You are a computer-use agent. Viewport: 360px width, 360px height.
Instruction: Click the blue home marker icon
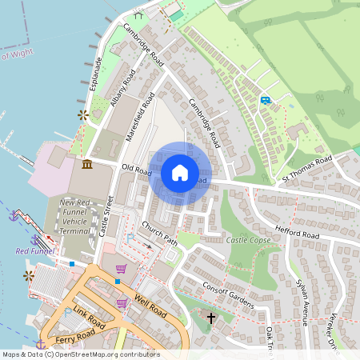pyautogui.click(x=180, y=173)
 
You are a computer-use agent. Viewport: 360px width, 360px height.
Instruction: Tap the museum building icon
pyautogui.click(x=86, y=164)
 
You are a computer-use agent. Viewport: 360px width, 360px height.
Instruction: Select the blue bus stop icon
pyautogui.click(x=265, y=100)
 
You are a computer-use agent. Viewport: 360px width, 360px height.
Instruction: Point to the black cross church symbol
pyautogui.click(x=211, y=318)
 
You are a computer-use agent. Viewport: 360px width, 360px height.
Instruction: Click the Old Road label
pyautogui.click(x=137, y=170)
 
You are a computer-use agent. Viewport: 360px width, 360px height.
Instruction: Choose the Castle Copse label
pyautogui.click(x=247, y=240)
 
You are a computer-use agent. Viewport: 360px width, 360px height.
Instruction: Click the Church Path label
pyautogui.click(x=159, y=233)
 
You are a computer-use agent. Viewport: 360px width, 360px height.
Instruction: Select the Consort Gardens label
pyautogui.click(x=227, y=293)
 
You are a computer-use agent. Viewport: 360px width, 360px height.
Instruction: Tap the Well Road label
pyautogui.click(x=150, y=306)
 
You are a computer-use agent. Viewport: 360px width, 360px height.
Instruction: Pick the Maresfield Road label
pyautogui.click(x=140, y=118)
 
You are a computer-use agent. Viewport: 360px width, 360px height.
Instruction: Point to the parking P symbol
pyautogui.click(x=130, y=239)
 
